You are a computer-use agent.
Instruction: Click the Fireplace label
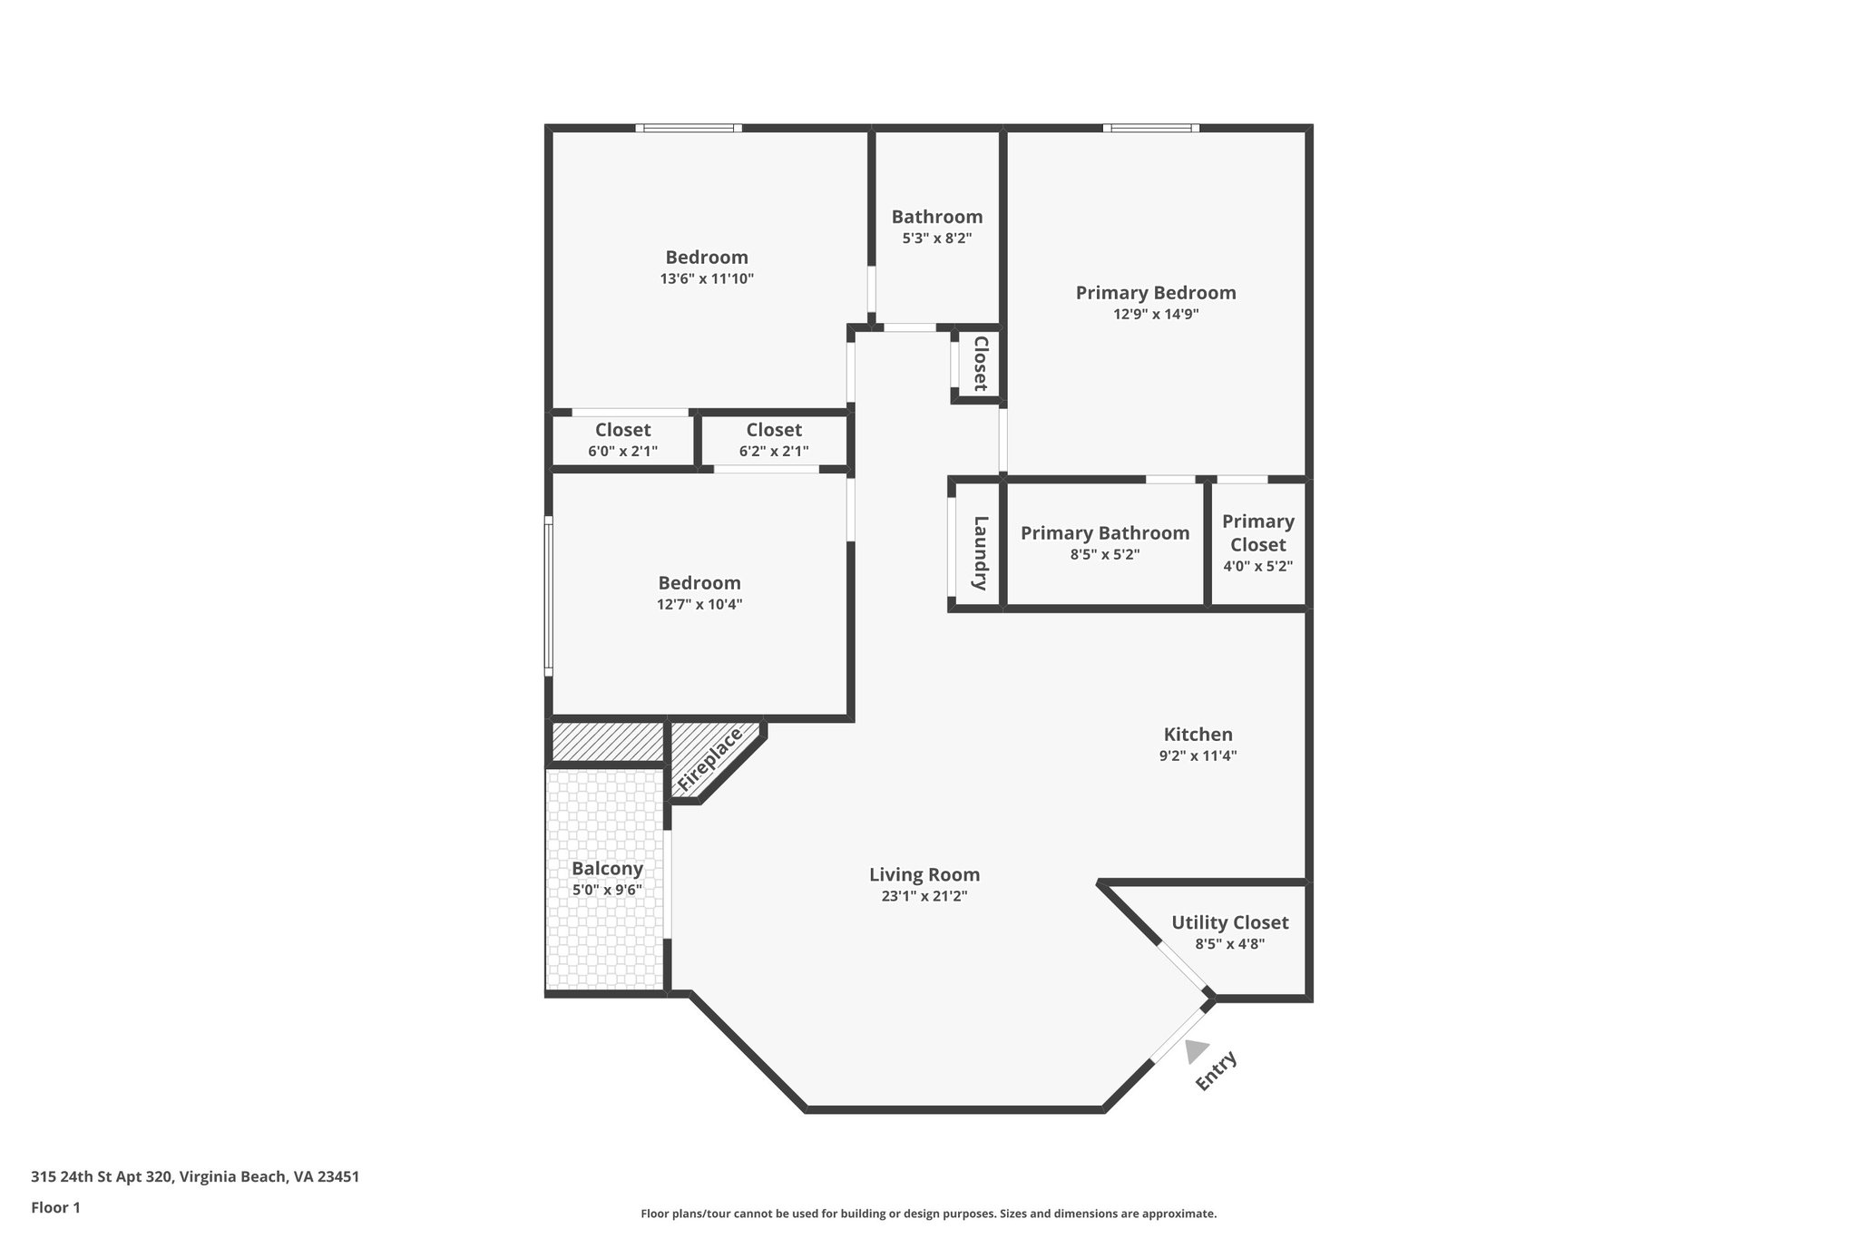pos(710,758)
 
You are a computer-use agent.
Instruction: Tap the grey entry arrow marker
pos(1196,1050)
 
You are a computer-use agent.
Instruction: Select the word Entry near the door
pos(1216,1071)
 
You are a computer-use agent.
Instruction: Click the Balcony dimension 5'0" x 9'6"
pos(607,890)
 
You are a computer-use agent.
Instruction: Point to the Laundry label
pos(980,552)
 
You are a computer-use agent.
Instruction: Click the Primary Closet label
pos(1257,532)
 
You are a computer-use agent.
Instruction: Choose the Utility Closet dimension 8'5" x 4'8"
pos(1229,943)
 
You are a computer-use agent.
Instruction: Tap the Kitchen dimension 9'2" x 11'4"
pos(1198,755)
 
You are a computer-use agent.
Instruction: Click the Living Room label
pos(924,874)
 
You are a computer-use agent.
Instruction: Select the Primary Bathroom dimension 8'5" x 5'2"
pos(1104,554)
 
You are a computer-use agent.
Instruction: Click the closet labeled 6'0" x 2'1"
pos(622,439)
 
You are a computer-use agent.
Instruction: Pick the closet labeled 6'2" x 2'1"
pos(774,439)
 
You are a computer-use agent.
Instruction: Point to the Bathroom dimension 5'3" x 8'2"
pos(936,239)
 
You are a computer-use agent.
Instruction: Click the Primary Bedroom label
pos(1155,293)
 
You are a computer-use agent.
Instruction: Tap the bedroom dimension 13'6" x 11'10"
pos(707,278)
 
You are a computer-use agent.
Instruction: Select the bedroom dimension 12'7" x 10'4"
pos(699,604)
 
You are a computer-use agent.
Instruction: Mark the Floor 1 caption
pos(55,1207)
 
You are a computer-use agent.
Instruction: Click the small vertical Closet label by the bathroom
pos(980,364)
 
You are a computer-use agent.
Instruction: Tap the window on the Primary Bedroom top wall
pos(1150,128)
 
